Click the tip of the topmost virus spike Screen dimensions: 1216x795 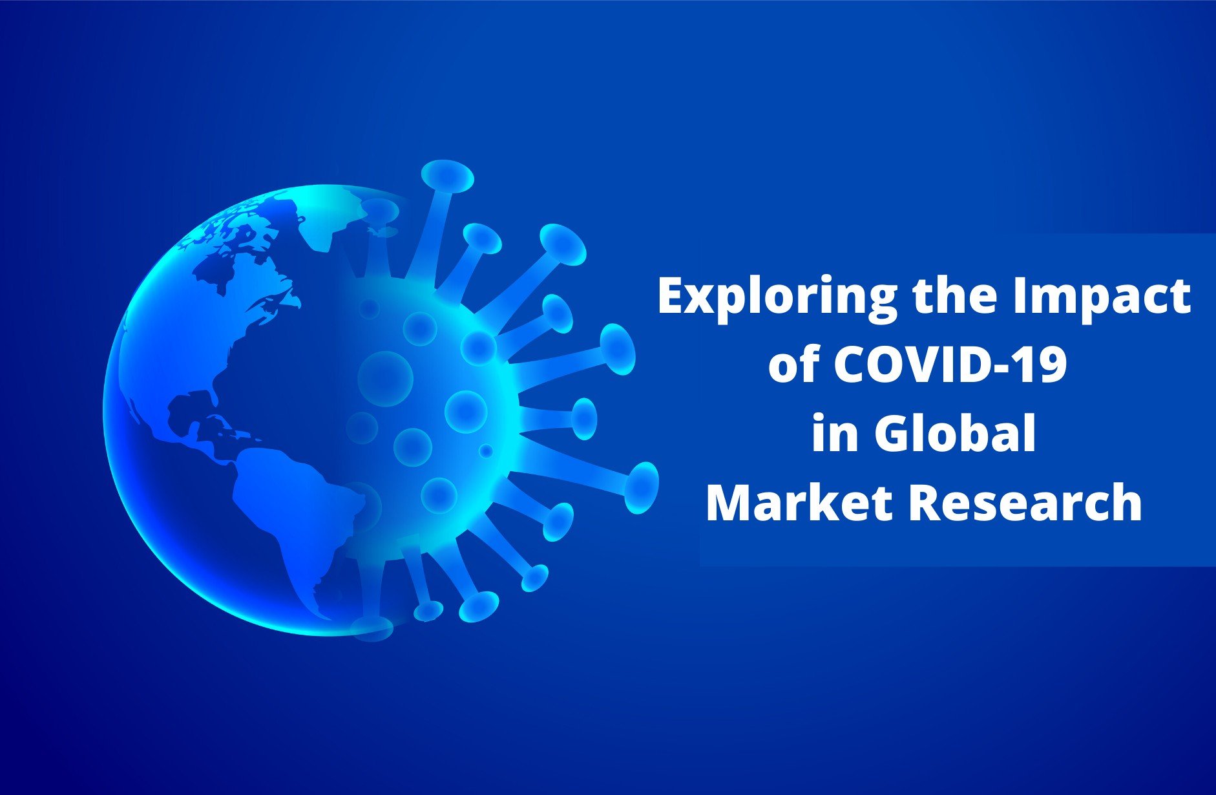[x=447, y=176]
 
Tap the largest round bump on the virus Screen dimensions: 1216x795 [x=385, y=379]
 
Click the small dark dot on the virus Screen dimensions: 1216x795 [x=486, y=450]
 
